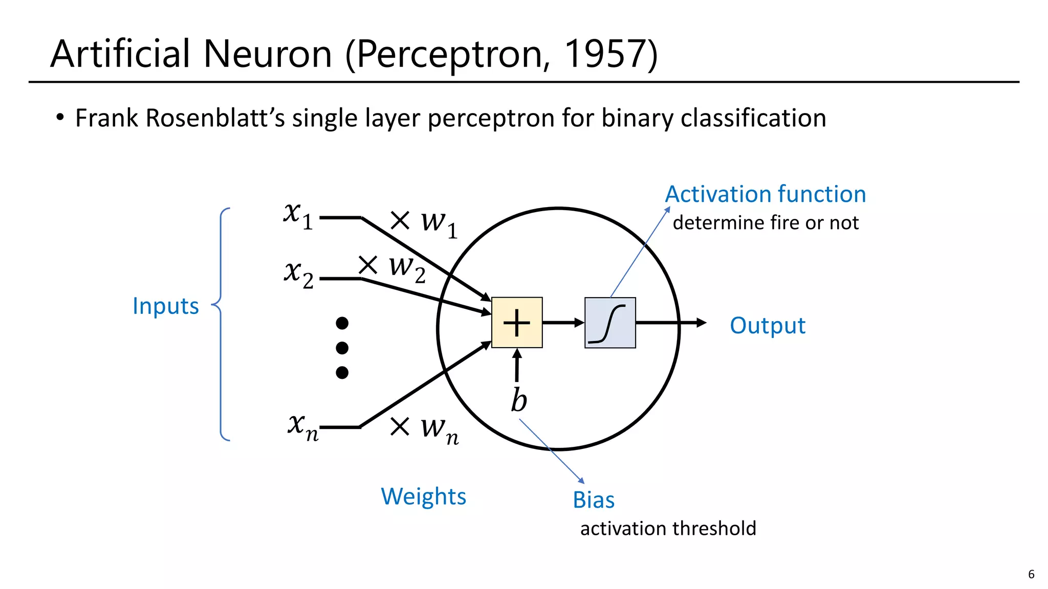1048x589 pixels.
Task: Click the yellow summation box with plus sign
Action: coord(517,323)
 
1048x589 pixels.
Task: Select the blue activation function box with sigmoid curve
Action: coord(610,323)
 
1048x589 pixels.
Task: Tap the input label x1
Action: coord(298,214)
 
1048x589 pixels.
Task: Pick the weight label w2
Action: coord(407,268)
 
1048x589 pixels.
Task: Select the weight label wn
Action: coord(439,429)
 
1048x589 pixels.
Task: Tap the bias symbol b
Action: coord(518,400)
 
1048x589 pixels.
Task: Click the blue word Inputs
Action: coord(165,306)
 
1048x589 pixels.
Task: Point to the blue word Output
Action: coord(768,326)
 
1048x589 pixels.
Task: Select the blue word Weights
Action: coord(424,496)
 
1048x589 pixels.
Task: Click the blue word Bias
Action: coord(594,500)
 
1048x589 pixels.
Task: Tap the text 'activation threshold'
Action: coord(668,529)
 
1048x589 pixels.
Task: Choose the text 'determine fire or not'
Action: coord(766,223)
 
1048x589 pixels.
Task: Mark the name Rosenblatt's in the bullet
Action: coord(215,118)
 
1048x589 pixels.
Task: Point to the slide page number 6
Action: coord(1031,574)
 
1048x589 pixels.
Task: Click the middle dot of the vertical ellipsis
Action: coord(342,348)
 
